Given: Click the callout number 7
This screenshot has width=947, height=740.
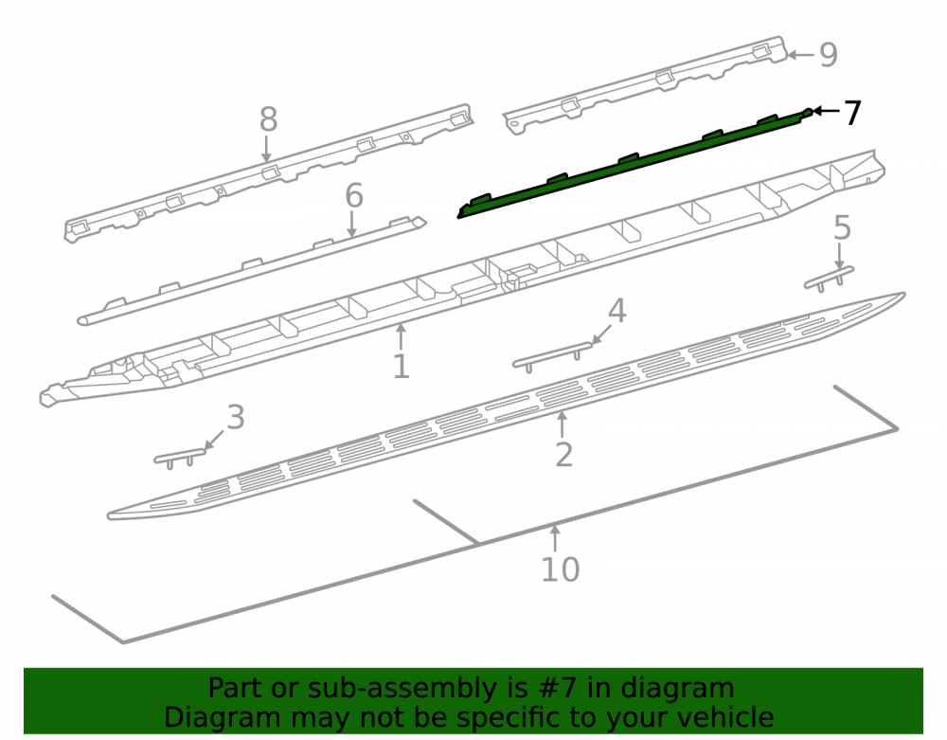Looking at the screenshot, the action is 852,113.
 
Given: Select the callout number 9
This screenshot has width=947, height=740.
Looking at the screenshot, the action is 829,55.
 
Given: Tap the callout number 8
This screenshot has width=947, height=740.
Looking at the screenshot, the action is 269,119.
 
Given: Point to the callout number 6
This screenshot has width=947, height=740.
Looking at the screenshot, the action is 354,196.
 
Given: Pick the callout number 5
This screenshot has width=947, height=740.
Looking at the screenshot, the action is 842,227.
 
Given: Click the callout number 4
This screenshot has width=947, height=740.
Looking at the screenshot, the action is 616,311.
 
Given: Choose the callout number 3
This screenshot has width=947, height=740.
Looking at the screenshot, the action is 236,418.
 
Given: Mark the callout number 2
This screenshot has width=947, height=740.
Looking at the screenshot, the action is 563,454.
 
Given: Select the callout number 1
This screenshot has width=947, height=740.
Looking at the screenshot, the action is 401,366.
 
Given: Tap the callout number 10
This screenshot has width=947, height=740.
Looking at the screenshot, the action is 561,569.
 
